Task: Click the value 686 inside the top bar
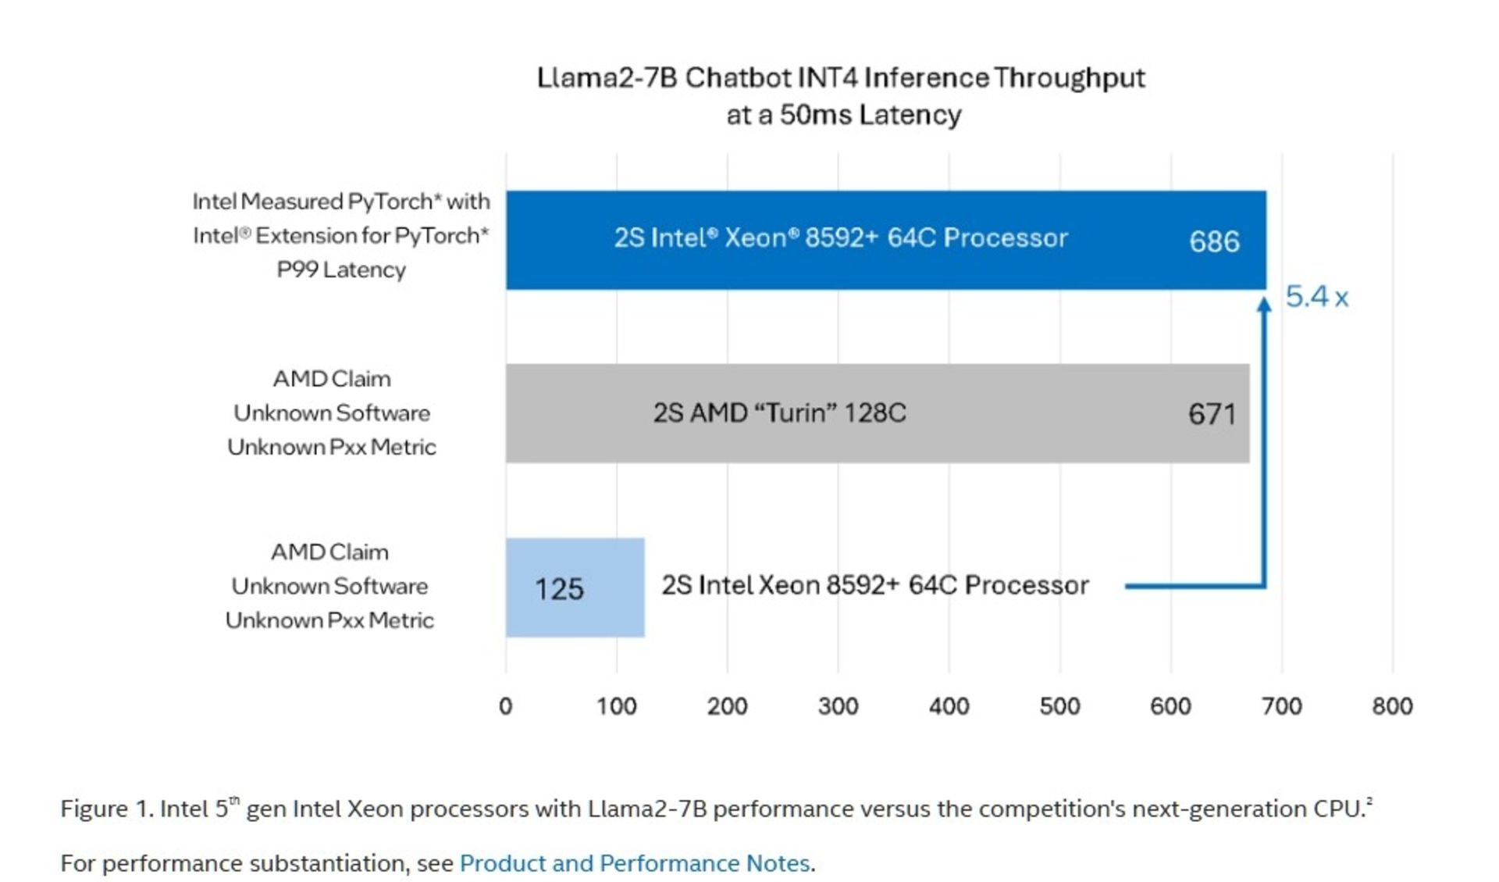pyautogui.click(x=1214, y=241)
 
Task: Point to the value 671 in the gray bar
pyautogui.click(x=1212, y=414)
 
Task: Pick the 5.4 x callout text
pyautogui.click(x=1316, y=297)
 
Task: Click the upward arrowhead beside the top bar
pyautogui.click(x=1264, y=305)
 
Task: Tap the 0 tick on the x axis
pyautogui.click(x=505, y=706)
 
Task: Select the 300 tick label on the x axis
pyautogui.click(x=838, y=706)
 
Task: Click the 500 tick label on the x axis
pyautogui.click(x=1059, y=706)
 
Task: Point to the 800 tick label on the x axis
pyautogui.click(x=1392, y=706)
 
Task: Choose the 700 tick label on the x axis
pyautogui.click(x=1281, y=706)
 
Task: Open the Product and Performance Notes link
pyautogui.click(x=634, y=863)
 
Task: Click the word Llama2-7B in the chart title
pyautogui.click(x=607, y=78)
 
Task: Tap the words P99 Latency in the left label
pyautogui.click(x=341, y=270)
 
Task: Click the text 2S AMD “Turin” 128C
pyautogui.click(x=779, y=412)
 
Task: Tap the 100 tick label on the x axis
pyautogui.click(x=616, y=706)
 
